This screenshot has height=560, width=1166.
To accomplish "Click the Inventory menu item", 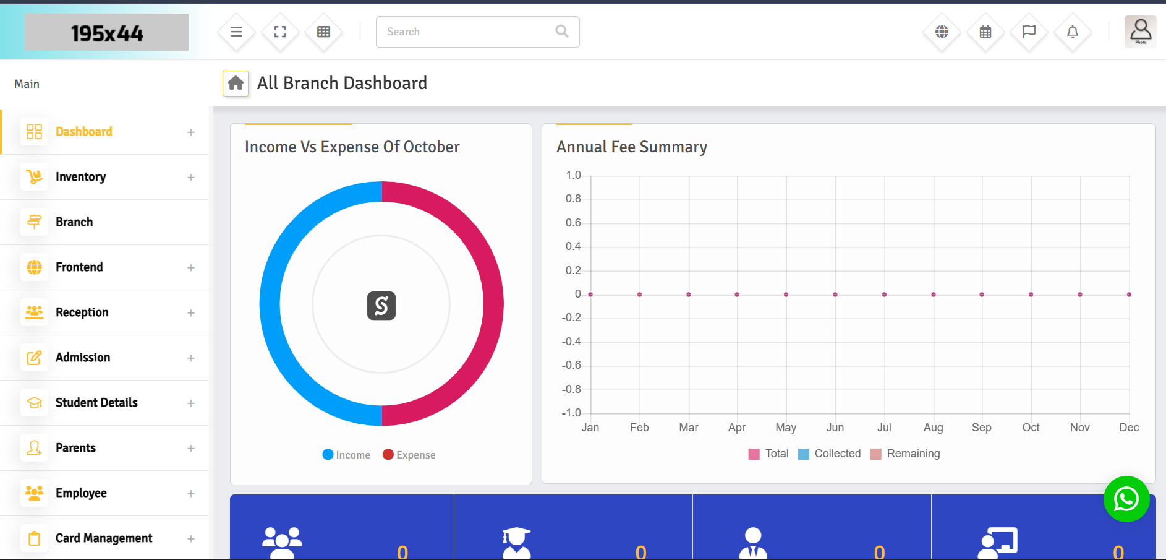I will point(80,177).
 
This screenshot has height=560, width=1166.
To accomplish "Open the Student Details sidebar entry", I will point(96,403).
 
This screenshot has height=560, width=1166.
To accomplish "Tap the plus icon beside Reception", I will point(191,313).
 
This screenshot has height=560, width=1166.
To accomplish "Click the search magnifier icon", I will point(561,32).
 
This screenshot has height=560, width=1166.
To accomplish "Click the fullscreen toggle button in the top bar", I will point(280,32).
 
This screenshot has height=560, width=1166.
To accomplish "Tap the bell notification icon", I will point(1073,32).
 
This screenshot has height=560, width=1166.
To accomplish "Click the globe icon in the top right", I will point(942,32).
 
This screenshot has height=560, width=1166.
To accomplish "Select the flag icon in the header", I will point(1029,32).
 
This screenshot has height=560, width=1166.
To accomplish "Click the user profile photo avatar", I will point(1141,32).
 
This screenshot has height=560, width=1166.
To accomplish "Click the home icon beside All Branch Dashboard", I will point(236,83).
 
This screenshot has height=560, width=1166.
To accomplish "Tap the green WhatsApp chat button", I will point(1126,499).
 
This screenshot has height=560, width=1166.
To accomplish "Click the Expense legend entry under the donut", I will point(409,455).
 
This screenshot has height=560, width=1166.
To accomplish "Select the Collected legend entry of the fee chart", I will point(830,454).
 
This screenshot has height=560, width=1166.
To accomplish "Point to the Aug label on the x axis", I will point(933,428).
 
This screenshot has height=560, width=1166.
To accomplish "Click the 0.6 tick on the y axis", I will point(573,223).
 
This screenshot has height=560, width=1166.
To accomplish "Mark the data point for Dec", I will point(1129,295).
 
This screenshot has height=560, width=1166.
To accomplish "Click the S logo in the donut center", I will point(381,306).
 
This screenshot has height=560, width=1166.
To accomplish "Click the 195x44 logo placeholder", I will point(106,32).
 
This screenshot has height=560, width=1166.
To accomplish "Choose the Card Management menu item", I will point(104,538).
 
